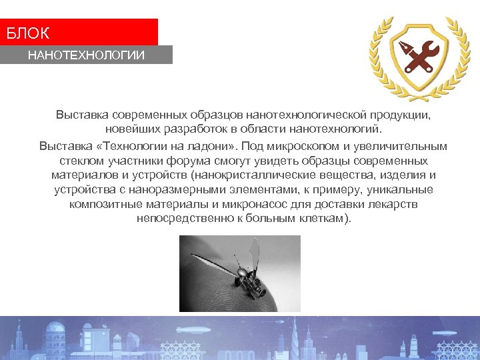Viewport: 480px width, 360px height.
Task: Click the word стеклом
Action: (x=80, y=161)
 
